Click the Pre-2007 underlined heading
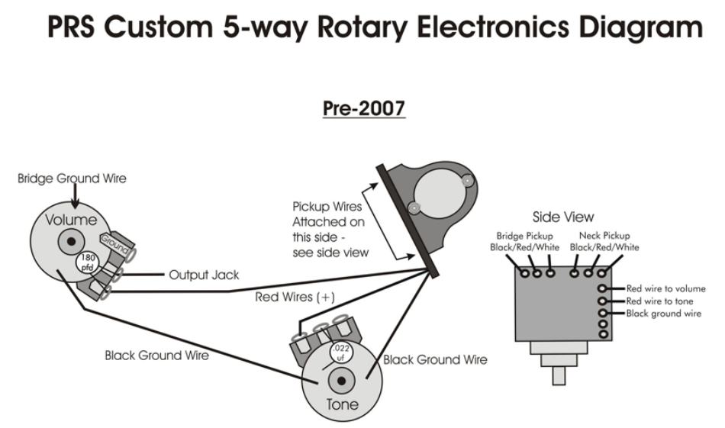pos(364,108)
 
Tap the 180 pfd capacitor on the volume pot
pos(88,262)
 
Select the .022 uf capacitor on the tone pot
pos(341,352)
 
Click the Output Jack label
pos(204,275)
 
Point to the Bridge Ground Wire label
pos(72,179)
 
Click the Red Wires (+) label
pos(295,297)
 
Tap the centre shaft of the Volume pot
pos(71,241)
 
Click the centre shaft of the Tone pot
pos(342,381)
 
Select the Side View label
pos(563,217)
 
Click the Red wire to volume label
pos(665,288)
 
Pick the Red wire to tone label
pos(660,301)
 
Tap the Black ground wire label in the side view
pos(663,314)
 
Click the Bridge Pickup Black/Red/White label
pos(525,241)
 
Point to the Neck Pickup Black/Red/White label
pos(604,241)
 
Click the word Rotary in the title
pos(362,27)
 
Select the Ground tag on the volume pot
pos(114,243)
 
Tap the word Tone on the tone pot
pos(342,404)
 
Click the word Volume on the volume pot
pos(71,220)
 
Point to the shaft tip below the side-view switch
pos(559,376)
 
